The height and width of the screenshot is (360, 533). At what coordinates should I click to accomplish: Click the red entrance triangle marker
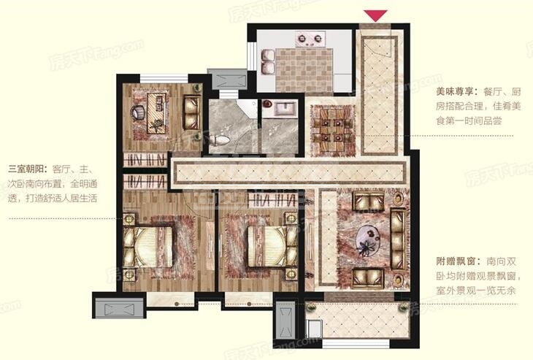tap(375, 15)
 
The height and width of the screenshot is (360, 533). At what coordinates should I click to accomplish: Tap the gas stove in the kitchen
tap(310, 39)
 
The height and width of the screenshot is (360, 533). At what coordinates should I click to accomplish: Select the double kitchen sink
tap(268, 61)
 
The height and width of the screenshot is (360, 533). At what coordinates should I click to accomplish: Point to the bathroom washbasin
tap(283, 109)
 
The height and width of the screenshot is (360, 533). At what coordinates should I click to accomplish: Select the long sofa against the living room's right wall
tap(398, 240)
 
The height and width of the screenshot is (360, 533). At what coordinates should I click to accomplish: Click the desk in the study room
tap(157, 113)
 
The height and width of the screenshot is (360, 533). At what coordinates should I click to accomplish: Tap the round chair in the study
tap(138, 112)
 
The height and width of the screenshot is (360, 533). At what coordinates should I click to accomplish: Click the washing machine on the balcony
tap(314, 329)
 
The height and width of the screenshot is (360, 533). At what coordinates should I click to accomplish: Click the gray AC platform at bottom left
tap(119, 308)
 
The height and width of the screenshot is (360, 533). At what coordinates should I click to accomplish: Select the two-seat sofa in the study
tap(192, 112)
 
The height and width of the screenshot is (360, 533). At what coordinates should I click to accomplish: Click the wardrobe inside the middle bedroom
tap(272, 200)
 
